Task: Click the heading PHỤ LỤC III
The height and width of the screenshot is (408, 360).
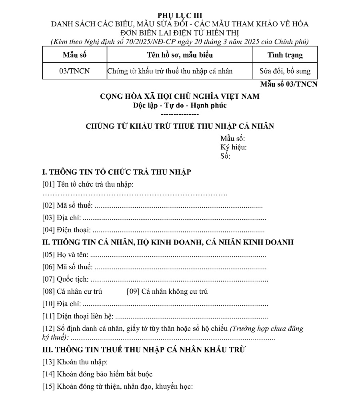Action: pyautogui.click(x=180, y=16)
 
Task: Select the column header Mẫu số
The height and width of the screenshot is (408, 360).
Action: pyautogui.click(x=74, y=55)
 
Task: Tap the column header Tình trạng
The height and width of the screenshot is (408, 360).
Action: pyautogui.click(x=285, y=55)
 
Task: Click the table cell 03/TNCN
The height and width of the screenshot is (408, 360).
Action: pyautogui.click(x=74, y=72)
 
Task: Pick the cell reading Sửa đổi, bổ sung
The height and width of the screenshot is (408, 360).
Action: pyautogui.click(x=285, y=72)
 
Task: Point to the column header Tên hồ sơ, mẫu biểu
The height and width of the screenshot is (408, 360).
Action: pyautogui.click(x=180, y=55)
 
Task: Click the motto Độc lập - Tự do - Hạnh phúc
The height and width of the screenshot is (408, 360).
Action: pyautogui.click(x=180, y=105)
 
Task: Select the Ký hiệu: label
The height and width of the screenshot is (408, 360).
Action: pyautogui.click(x=233, y=147)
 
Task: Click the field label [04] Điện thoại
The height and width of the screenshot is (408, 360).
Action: pyautogui.click(x=66, y=230)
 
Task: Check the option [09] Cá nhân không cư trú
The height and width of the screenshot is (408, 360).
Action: pyautogui.click(x=167, y=291)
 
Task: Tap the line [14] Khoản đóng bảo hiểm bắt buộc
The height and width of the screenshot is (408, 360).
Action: pyautogui.click(x=97, y=374)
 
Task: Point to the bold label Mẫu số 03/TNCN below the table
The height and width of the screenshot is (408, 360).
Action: pyautogui.click(x=288, y=84)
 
